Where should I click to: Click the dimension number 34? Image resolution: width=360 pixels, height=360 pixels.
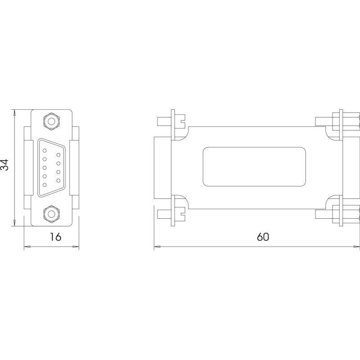tap(4, 165)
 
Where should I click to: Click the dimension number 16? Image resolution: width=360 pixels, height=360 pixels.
tap(56, 237)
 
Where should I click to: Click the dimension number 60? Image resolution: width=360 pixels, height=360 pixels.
tap(263, 237)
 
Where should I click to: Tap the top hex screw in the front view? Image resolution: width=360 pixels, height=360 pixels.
tap(52, 121)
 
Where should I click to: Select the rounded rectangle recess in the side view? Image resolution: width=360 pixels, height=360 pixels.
tap(254, 166)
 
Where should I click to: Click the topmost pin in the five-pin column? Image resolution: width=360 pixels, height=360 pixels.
tap(45, 151)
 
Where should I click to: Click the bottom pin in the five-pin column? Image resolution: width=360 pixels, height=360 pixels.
tap(45, 184)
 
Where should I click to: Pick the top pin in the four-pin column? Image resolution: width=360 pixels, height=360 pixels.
tap(58, 155)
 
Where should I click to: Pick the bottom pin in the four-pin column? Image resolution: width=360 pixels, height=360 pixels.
tap(58, 180)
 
